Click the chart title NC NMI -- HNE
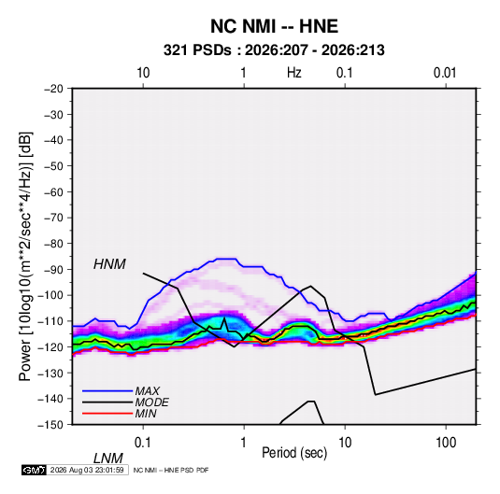tap(274, 26)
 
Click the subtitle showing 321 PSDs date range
tap(274, 50)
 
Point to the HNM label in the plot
tap(109, 264)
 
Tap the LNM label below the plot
tap(108, 459)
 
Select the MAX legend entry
tap(147, 390)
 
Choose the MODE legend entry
tap(151, 402)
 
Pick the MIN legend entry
tap(146, 414)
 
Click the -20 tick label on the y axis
tap(53, 89)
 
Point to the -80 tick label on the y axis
tap(53, 244)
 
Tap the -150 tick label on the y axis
tap(50, 425)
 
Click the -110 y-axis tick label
tap(50, 321)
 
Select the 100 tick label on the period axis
tap(446, 443)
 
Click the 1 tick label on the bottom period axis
tap(244, 443)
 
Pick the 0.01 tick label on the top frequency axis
tap(445, 73)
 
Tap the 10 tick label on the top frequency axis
tap(143, 73)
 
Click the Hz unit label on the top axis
tap(294, 73)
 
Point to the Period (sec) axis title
tap(294, 453)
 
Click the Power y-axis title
tap(25, 256)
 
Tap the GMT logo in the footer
tap(35, 470)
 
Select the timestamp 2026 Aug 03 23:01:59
tap(87, 470)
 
